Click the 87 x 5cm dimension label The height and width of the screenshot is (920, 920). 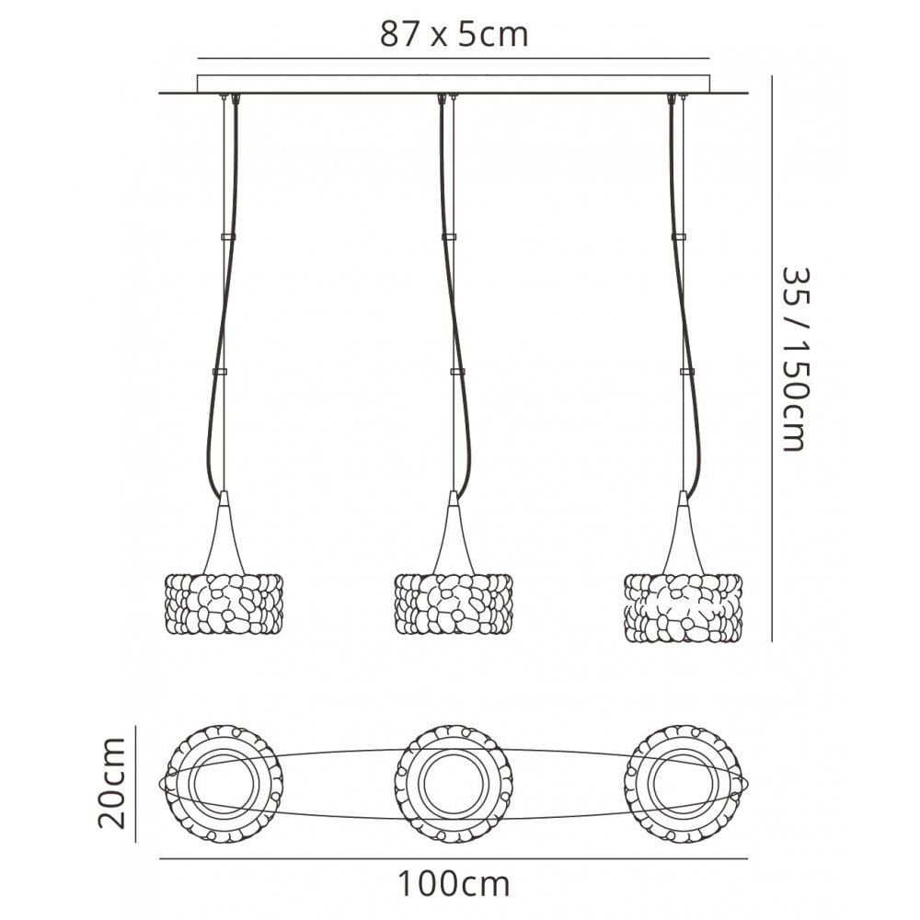(454, 35)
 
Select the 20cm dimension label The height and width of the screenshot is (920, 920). (112, 783)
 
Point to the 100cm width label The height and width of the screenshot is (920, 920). (454, 883)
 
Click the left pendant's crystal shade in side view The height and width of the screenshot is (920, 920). (222, 605)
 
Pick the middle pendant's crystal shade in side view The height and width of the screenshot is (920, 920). (453, 605)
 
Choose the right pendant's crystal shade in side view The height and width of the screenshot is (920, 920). (683, 606)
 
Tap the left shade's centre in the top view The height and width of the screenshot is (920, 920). (224, 783)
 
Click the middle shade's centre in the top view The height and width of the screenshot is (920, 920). (454, 783)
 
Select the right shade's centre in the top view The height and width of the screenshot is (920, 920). (683, 783)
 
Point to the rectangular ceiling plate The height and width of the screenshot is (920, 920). (454, 84)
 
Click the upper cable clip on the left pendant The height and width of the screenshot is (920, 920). (227, 237)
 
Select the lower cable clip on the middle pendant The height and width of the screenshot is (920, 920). (457, 372)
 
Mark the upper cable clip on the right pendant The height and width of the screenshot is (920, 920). (679, 237)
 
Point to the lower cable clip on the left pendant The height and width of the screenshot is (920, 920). (219, 372)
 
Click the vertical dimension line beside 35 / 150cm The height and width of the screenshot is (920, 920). (772, 358)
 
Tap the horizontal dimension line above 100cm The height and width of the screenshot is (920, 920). (454, 859)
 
